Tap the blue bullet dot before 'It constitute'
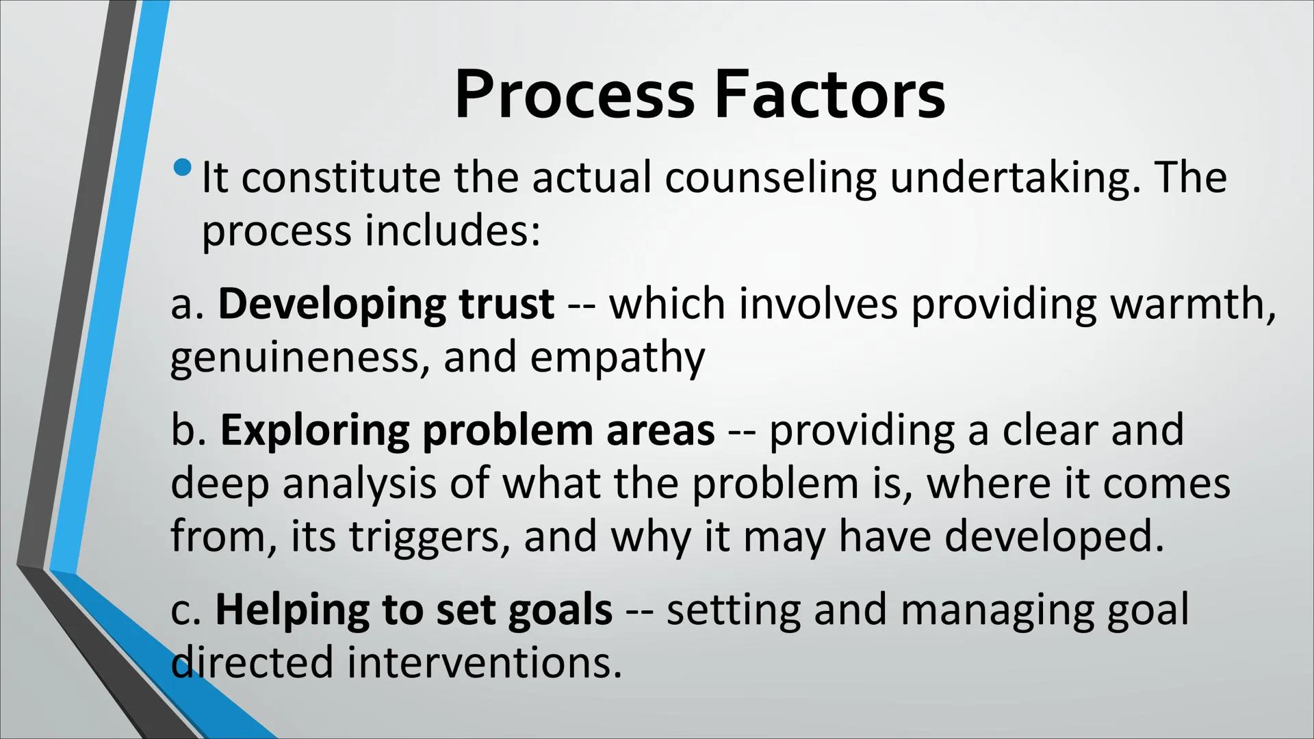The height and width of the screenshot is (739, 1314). (183, 167)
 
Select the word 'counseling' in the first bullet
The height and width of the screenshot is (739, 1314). (771, 178)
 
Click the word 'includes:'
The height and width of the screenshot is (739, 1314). (452, 231)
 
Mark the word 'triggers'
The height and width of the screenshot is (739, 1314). (429, 537)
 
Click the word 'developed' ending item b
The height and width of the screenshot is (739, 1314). (1054, 536)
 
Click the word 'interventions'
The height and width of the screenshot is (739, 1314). (485, 662)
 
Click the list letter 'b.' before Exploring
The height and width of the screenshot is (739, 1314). (188, 431)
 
